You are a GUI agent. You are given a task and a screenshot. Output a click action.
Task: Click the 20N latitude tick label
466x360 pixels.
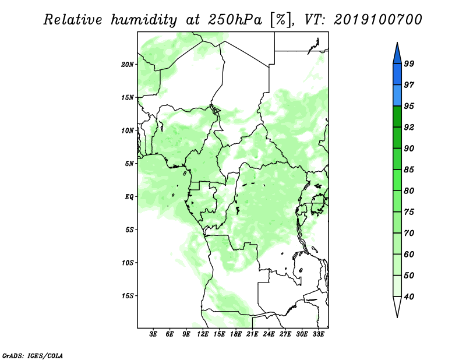click(128, 64)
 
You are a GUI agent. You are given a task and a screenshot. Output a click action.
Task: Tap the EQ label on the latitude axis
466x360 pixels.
click(129, 196)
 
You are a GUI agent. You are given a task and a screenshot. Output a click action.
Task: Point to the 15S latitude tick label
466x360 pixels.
click(128, 296)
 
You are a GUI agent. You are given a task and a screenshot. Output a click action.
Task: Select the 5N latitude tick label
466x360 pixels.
click(129, 164)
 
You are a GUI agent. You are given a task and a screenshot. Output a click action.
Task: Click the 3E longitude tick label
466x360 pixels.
click(153, 334)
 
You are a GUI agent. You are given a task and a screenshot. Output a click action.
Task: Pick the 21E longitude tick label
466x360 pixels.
click(252, 334)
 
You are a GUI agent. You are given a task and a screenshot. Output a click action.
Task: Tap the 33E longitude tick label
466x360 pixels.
click(318, 334)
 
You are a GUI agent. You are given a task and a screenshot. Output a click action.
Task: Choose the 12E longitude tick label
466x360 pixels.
click(202, 334)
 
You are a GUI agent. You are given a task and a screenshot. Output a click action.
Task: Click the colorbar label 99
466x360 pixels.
click(409, 63)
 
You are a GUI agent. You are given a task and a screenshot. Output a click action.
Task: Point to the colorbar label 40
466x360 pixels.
click(409, 297)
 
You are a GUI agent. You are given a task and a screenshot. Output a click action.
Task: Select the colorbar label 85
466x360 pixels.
click(409, 170)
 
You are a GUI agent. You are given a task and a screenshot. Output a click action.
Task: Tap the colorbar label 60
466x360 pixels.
click(409, 254)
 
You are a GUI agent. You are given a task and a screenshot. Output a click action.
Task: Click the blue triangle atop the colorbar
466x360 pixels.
click(397, 55)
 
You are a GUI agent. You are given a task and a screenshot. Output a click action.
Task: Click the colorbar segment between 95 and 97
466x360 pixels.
click(397, 96)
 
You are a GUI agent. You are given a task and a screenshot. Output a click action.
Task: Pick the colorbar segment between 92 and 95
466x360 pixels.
click(397, 117)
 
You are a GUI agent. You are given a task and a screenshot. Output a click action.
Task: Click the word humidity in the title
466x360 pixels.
click(144, 20)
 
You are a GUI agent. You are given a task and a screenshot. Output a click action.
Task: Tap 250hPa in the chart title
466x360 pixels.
click(235, 20)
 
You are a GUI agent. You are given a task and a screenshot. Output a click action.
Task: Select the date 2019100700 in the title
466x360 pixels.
click(378, 20)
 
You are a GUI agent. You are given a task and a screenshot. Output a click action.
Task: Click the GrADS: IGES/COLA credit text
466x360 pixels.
click(33, 355)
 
